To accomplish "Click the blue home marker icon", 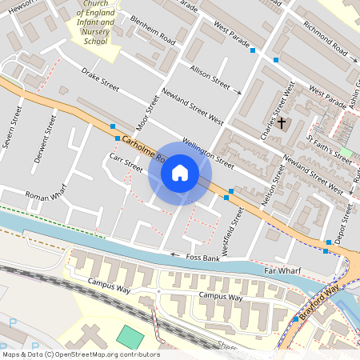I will [180, 173].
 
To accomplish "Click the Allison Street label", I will [210, 77].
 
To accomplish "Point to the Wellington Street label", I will [207, 152].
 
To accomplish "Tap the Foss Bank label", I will [202, 257].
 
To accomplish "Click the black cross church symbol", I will [281, 122].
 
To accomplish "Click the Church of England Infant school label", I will [94, 24].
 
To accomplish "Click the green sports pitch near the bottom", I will [128, 338].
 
